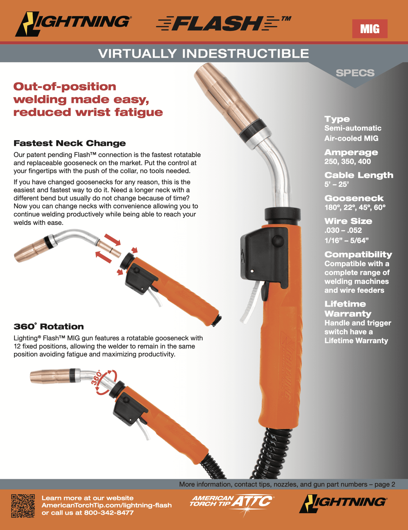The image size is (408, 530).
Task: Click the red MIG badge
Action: coord(369,29)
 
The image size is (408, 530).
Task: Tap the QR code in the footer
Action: coord(23,506)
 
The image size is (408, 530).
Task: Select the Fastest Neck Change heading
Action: coord(70,143)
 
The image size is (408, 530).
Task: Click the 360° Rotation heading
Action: coord(49,326)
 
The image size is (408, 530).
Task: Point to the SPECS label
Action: coord(355,73)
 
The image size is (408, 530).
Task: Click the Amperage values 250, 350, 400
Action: coord(347,161)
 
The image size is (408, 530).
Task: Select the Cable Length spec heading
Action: coord(359,175)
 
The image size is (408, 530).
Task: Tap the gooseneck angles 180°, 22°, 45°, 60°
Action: coord(355,207)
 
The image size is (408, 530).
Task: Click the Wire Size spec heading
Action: coord(348,221)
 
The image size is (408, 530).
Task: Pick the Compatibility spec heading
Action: coord(358,254)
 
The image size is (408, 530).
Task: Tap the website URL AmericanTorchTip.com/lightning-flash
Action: coord(107,505)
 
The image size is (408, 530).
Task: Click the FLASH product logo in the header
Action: coord(217,23)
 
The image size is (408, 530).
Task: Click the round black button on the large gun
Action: coord(278,241)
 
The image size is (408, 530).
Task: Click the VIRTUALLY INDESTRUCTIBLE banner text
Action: coord(204,54)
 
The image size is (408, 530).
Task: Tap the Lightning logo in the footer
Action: coord(343,503)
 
